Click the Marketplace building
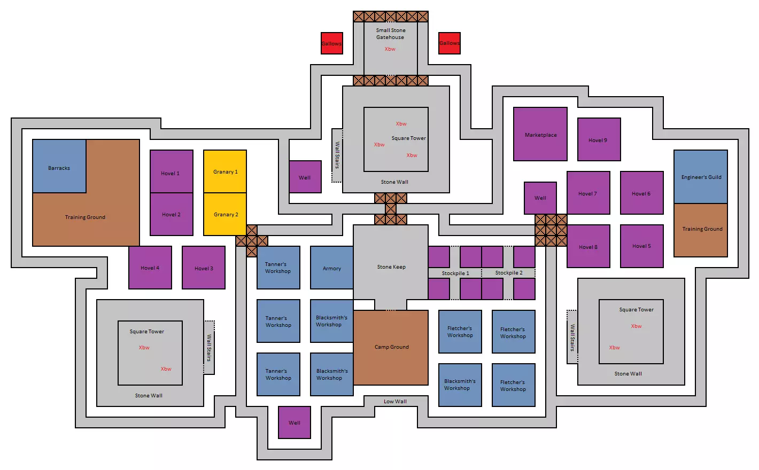pyautogui.click(x=540, y=134)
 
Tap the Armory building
pyautogui.click(x=331, y=268)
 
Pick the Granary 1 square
pyautogui.click(x=225, y=171)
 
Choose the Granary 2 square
pyautogui.click(x=225, y=214)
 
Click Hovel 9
pyautogui.click(x=599, y=139)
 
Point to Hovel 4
pyautogui.click(x=150, y=268)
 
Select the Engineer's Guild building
pyautogui.click(x=700, y=177)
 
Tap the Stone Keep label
pyautogui.click(x=391, y=267)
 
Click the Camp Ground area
pyautogui.click(x=391, y=347)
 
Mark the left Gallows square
pyautogui.click(x=331, y=43)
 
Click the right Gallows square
pyautogui.click(x=449, y=43)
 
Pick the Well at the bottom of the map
pyautogui.click(x=295, y=422)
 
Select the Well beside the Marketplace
pyautogui.click(x=540, y=198)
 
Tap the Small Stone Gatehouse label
pyautogui.click(x=391, y=34)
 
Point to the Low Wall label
pyautogui.click(x=395, y=402)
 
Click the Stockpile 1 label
pyautogui.click(x=455, y=273)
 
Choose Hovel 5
pyautogui.click(x=641, y=246)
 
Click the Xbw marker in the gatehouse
pyautogui.click(x=390, y=49)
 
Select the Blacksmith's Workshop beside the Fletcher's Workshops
pyautogui.click(x=460, y=385)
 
